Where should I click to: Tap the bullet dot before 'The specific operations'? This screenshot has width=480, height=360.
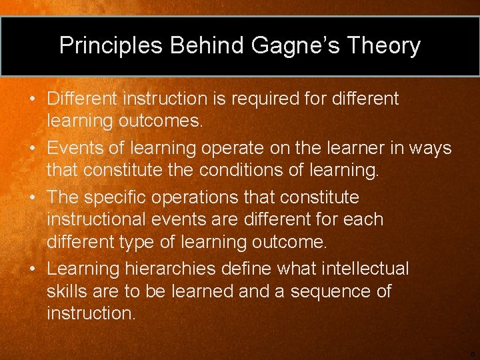point(33,198)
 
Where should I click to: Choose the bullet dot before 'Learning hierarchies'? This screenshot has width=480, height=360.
point(33,269)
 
